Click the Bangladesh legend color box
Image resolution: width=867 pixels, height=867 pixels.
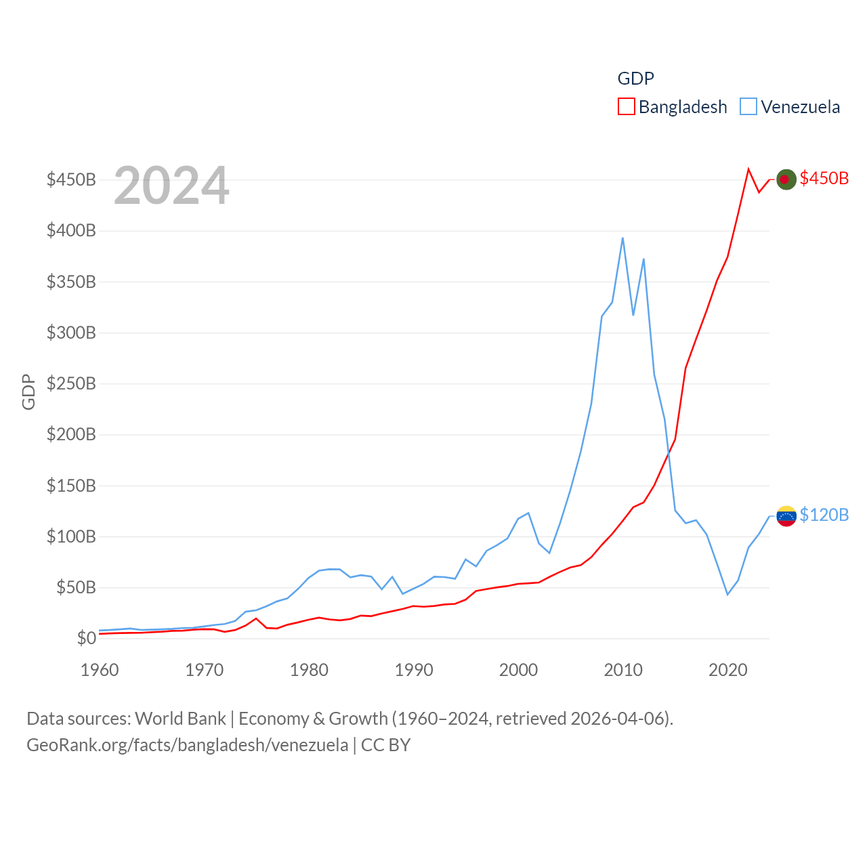point(626,107)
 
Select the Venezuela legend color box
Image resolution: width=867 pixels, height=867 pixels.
point(748,107)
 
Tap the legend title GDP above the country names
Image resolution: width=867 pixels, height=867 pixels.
point(635,79)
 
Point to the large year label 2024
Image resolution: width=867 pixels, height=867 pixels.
point(171,186)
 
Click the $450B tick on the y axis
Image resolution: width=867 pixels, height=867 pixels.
point(71,179)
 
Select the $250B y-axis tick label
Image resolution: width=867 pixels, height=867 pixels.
point(71,383)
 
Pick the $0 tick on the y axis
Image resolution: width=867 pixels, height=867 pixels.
point(86,638)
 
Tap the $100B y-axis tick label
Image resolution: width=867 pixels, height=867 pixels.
point(71,536)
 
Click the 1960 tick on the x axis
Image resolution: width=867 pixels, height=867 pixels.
point(100,670)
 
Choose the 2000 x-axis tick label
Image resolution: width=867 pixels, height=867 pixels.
point(518,670)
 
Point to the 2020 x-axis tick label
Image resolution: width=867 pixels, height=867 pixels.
point(727,670)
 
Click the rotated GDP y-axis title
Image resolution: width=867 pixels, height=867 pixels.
point(28,392)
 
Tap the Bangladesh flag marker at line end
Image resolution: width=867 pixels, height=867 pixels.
point(786,179)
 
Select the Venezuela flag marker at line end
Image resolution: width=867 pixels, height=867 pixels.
point(786,516)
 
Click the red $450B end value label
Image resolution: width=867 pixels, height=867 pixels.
point(824,178)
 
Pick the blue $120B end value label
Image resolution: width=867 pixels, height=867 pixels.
point(824,515)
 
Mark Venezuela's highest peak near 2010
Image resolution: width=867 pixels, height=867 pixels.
point(622,238)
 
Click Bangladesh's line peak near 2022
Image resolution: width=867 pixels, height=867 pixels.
point(748,169)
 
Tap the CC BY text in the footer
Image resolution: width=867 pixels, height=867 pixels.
point(385,745)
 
